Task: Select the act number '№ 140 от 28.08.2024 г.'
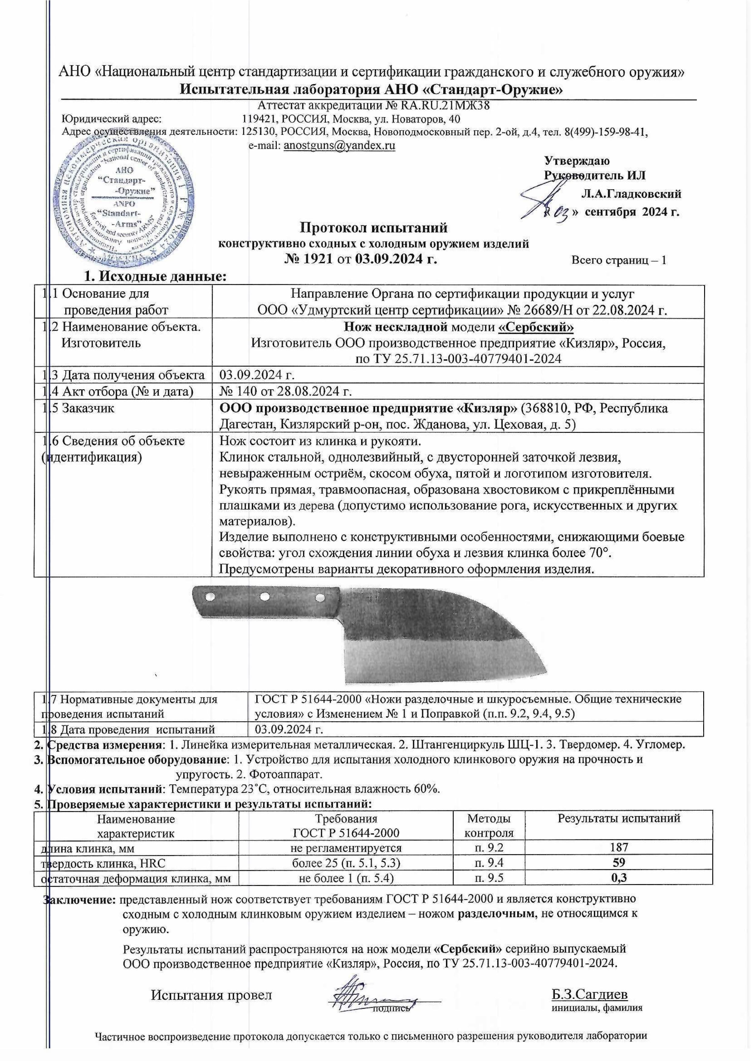285,392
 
